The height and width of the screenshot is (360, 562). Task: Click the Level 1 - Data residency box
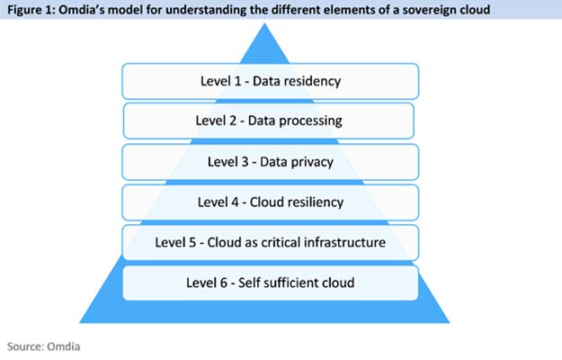pos(271,81)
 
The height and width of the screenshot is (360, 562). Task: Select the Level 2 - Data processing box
pos(269,121)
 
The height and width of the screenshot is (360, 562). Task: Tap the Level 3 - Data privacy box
pos(271,162)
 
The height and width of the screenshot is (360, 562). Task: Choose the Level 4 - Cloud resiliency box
pos(271,202)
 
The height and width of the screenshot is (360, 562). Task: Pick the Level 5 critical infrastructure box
pos(271,242)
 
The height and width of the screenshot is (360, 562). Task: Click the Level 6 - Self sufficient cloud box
pos(271,283)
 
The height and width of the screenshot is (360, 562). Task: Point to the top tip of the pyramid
pos(264,23)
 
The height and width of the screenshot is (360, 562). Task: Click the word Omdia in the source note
pos(64,346)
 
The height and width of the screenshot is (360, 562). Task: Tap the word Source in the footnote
pos(26,346)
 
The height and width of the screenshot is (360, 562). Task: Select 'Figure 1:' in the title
pos(31,10)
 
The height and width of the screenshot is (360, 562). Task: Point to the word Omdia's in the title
pos(81,10)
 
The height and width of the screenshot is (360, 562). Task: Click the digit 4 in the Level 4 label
pos(235,202)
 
